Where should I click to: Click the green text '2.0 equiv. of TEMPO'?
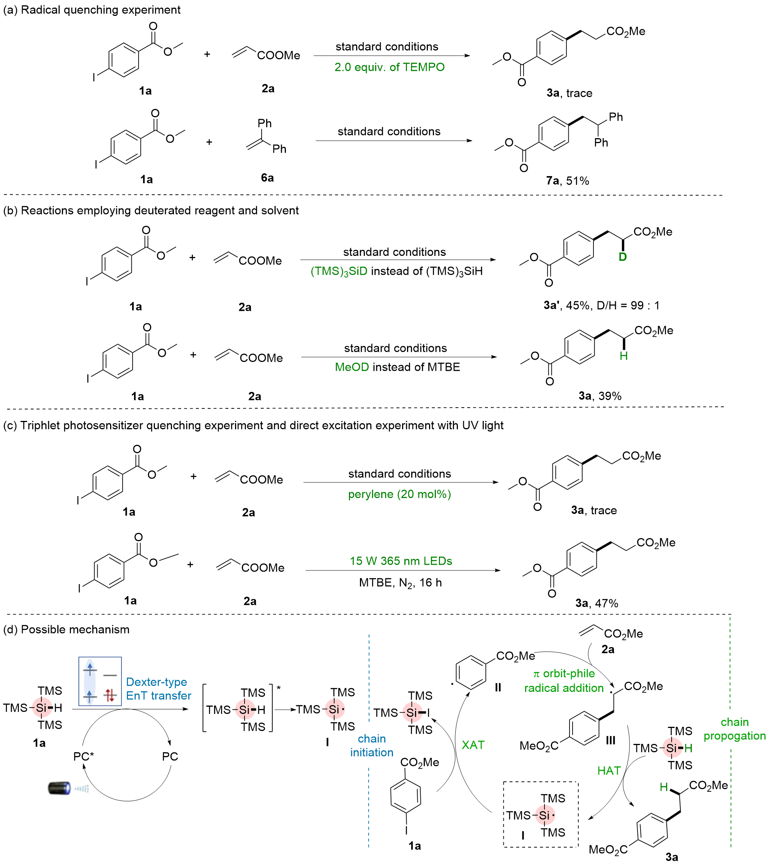tap(390, 67)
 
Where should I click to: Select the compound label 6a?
tap(267, 178)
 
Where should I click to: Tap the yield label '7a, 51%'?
tap(567, 181)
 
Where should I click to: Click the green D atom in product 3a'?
tap(623, 257)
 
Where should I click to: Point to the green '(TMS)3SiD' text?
tap(339, 272)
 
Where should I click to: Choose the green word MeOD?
tap(352, 367)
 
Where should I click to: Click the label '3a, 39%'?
tap(600, 396)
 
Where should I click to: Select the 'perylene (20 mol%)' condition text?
tap(399, 494)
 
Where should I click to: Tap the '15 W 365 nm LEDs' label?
tap(401, 561)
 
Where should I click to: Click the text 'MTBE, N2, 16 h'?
tap(401, 583)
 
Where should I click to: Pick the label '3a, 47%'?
tap(597, 603)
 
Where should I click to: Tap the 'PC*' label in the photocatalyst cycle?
tap(84, 756)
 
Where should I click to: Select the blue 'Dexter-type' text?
tap(157, 682)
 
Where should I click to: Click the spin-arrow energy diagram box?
tap(100, 682)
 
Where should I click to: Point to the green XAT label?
tap(473, 745)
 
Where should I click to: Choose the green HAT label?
tap(609, 771)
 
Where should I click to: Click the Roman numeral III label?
tap(610, 740)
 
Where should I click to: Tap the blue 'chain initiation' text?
tap(372, 746)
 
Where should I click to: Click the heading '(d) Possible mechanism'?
tap(66, 629)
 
